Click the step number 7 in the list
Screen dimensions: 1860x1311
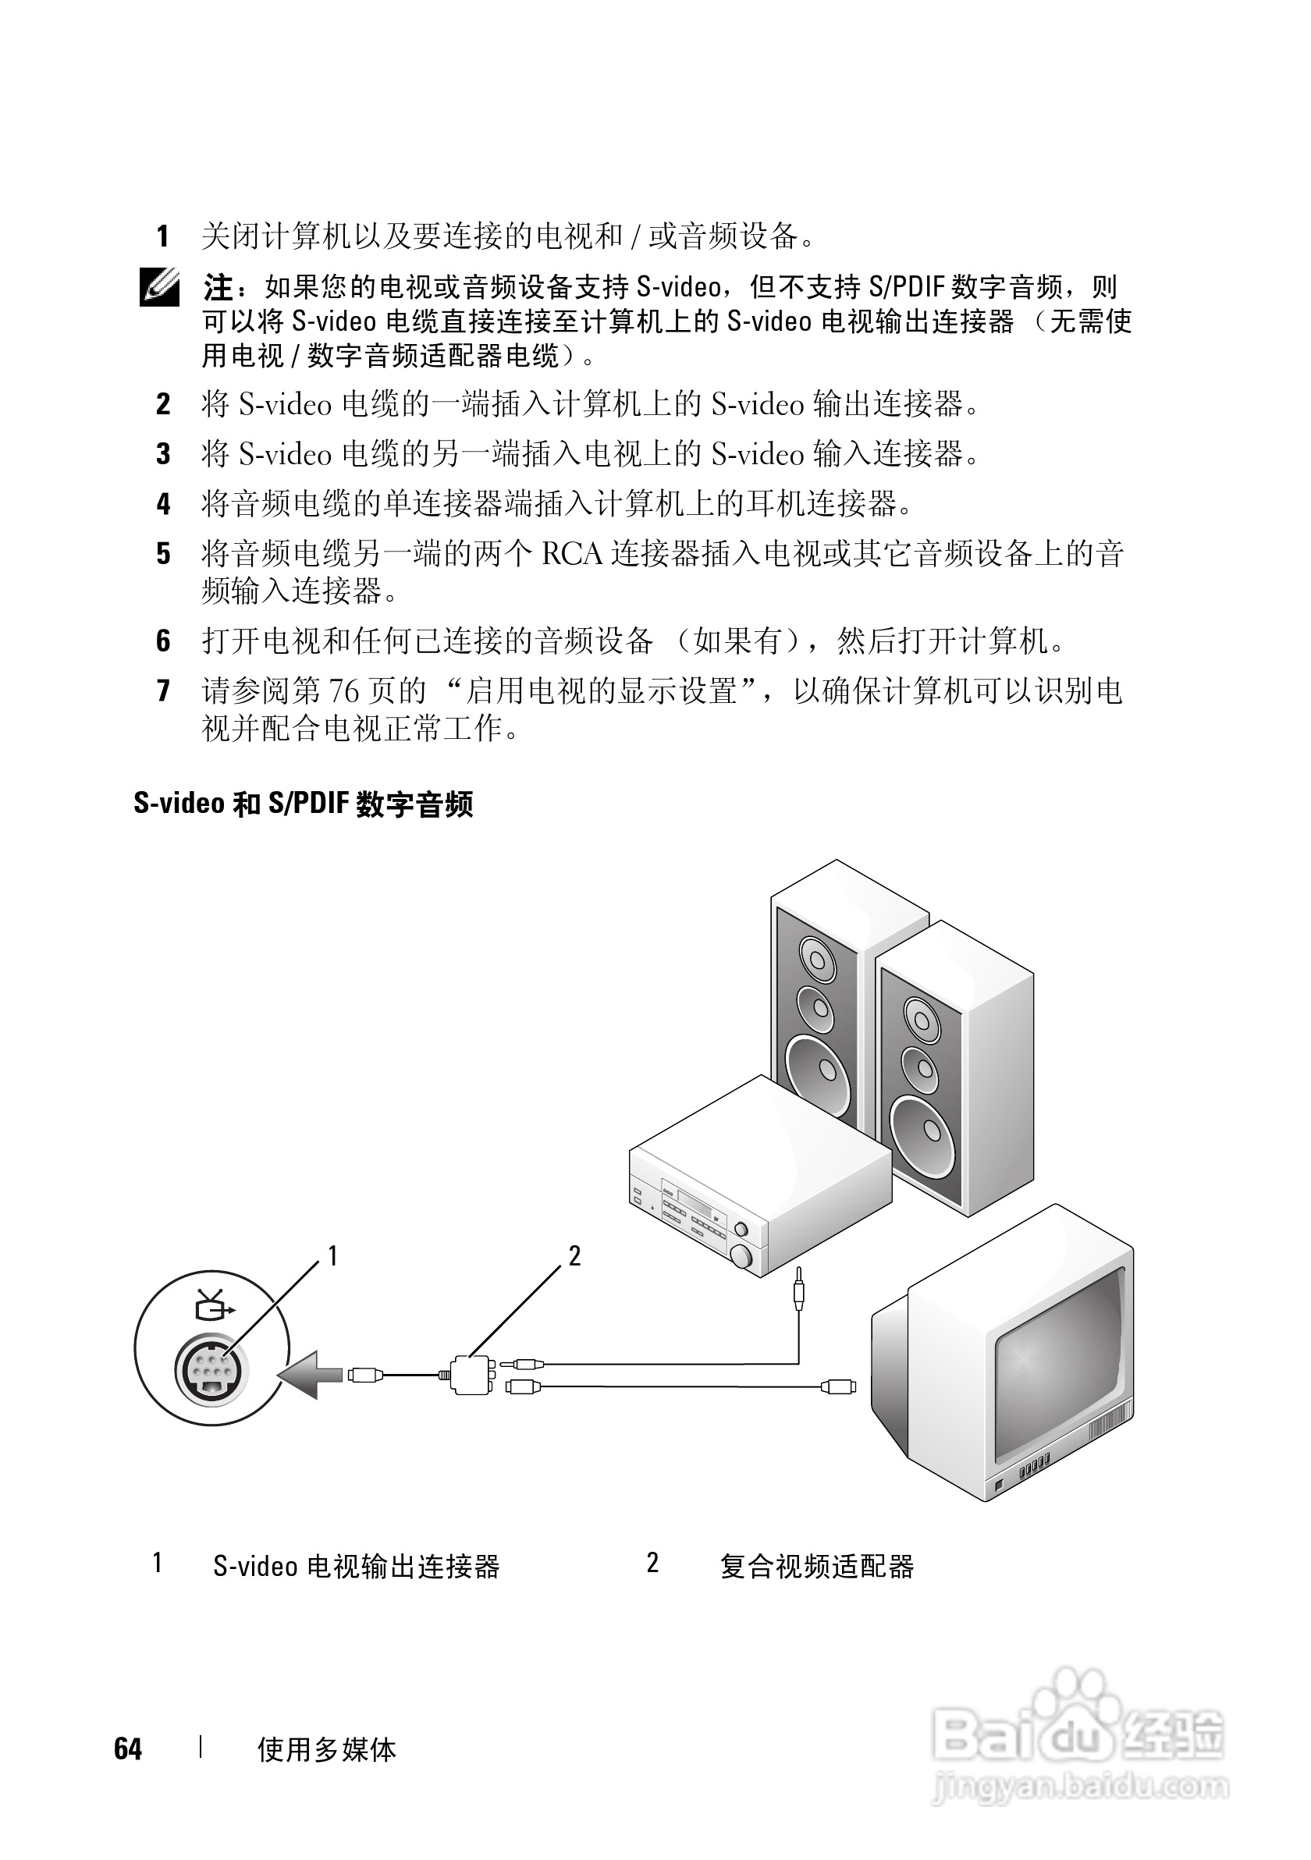[163, 691]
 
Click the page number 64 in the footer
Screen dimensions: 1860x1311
[128, 1749]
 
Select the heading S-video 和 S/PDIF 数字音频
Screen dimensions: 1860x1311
[303, 804]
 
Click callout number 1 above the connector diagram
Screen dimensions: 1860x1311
[332, 1256]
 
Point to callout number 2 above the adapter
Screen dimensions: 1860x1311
[574, 1256]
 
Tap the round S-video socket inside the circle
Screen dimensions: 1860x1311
[211, 1370]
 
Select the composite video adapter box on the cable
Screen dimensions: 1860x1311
[471, 1375]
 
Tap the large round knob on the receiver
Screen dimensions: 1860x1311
[741, 1256]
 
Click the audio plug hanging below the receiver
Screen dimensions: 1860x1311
[799, 1294]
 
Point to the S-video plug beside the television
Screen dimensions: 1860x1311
[839, 1386]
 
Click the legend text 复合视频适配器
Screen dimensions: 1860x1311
[817, 1566]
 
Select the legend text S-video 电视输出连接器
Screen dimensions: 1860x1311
[357, 1566]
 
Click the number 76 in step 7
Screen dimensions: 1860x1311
[343, 691]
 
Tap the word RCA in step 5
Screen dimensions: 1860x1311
[572, 554]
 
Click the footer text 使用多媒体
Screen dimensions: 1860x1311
[326, 1750]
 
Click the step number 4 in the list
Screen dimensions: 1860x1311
[163, 504]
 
